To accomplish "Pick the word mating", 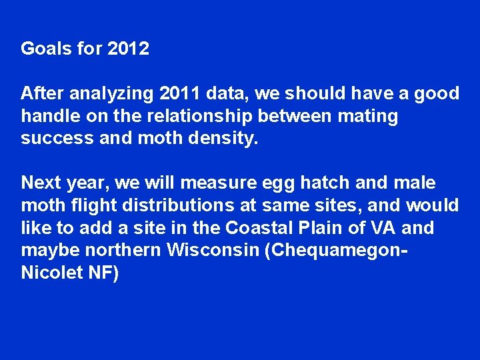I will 369,116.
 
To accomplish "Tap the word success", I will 50,139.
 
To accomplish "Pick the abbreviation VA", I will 382,228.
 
